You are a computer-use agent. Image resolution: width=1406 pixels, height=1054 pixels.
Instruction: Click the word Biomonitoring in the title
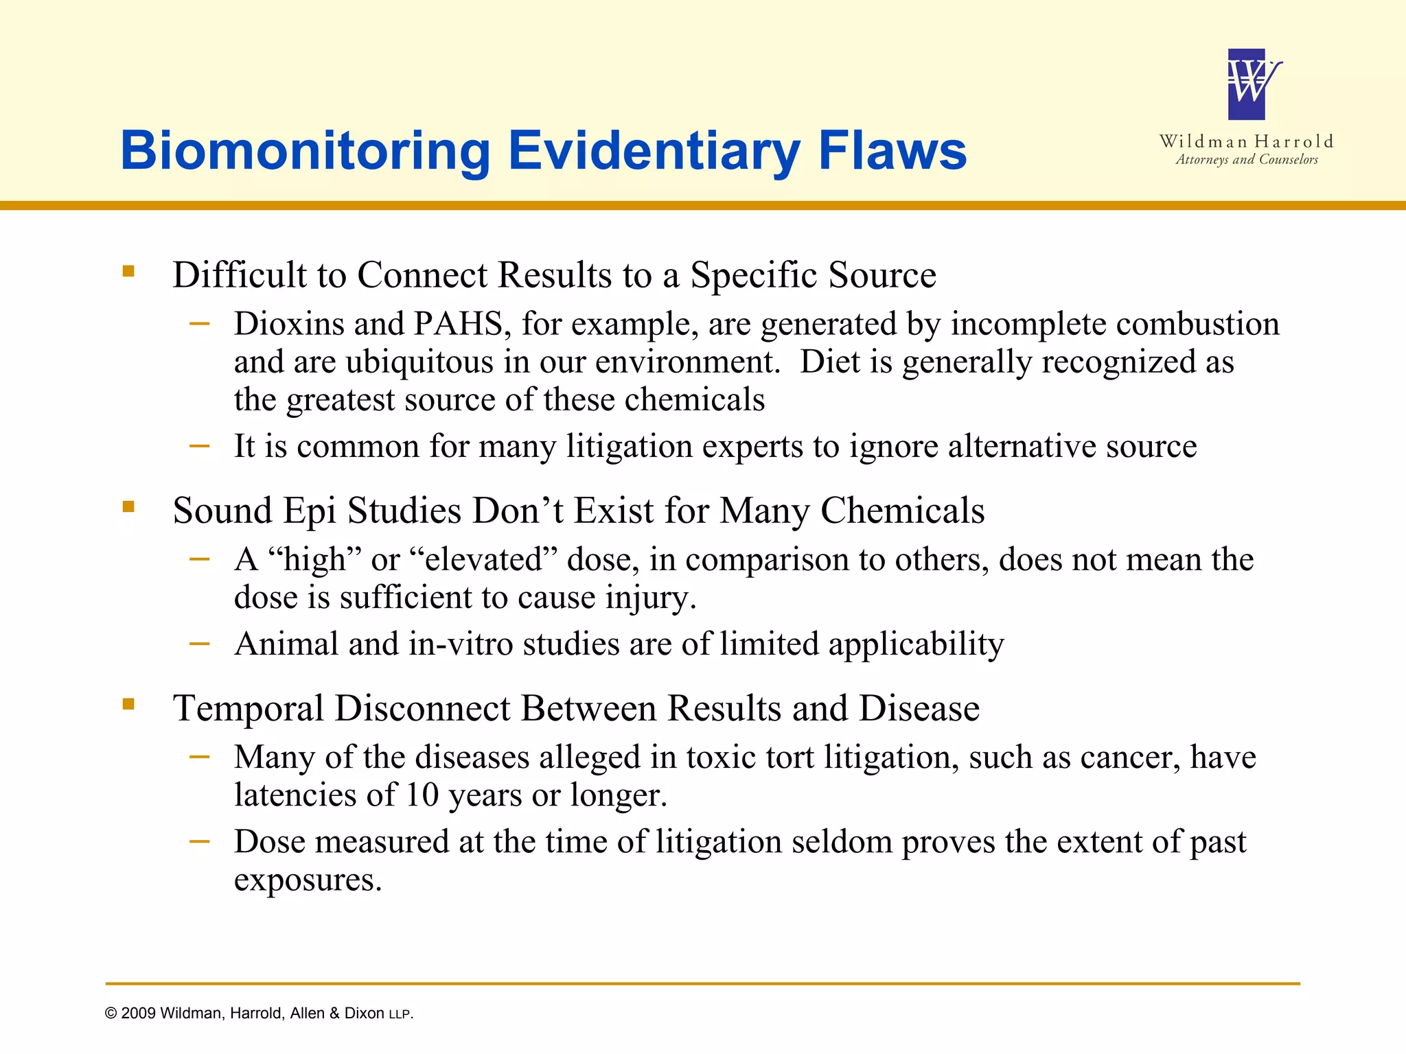pyautogui.click(x=305, y=152)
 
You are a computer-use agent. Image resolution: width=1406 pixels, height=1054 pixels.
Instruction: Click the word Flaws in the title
pyautogui.click(x=892, y=150)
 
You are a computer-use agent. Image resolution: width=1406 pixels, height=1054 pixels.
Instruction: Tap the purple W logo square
pyautogui.click(x=1246, y=84)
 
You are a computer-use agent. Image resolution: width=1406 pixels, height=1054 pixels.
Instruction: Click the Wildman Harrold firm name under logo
pyautogui.click(x=1246, y=141)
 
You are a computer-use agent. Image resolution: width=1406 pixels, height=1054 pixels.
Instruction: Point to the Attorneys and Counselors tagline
pyautogui.click(x=1246, y=160)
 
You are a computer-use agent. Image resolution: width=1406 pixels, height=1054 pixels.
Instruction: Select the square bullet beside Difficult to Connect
pyautogui.click(x=128, y=271)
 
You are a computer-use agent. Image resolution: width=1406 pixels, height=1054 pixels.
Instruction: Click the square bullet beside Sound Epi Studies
pyautogui.click(x=128, y=507)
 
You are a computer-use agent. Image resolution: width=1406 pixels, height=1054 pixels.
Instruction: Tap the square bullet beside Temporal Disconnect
pyautogui.click(x=128, y=704)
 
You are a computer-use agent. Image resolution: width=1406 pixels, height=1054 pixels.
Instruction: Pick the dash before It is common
pyautogui.click(x=200, y=446)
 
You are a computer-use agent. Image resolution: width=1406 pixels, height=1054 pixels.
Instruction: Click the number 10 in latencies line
pyautogui.click(x=422, y=795)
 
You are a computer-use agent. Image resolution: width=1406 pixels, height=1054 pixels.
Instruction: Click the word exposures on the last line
pyautogui.click(x=307, y=880)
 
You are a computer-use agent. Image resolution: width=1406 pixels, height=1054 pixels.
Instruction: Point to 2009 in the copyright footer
pyautogui.click(x=138, y=1014)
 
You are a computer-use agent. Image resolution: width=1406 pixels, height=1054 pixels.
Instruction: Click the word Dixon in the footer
pyautogui.click(x=364, y=1014)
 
